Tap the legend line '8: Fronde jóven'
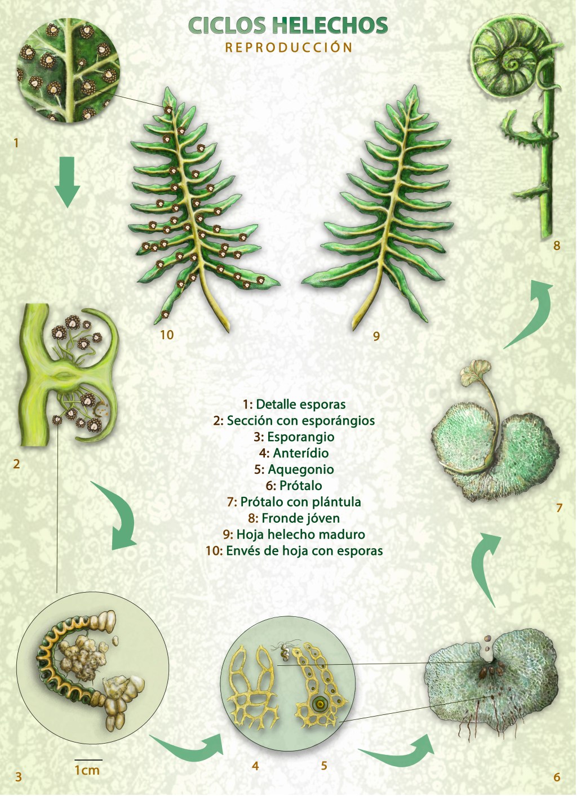pyautogui.click(x=294, y=518)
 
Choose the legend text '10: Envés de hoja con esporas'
pyautogui.click(x=294, y=550)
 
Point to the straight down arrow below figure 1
pyautogui.click(x=67, y=181)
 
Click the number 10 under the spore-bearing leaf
pyautogui.click(x=167, y=335)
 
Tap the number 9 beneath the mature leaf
pyautogui.click(x=376, y=336)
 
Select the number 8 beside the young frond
pyautogui.click(x=557, y=245)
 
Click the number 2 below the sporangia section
pyautogui.click(x=16, y=464)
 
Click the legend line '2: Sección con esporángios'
pyautogui.click(x=294, y=420)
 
